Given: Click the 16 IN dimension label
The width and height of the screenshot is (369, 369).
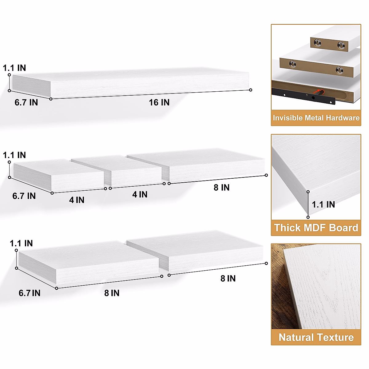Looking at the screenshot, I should pyautogui.click(x=159, y=102).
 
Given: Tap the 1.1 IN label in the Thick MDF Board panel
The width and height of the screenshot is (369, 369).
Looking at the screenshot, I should pyautogui.click(x=323, y=204).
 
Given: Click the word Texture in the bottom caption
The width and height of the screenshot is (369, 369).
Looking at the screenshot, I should pyautogui.click(x=335, y=337).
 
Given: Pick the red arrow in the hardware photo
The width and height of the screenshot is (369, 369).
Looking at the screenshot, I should pyautogui.click(x=316, y=91).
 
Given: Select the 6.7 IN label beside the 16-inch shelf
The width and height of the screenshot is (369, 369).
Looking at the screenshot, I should pyautogui.click(x=26, y=102).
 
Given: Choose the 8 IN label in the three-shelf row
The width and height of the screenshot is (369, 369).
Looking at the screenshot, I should pyautogui.click(x=221, y=188).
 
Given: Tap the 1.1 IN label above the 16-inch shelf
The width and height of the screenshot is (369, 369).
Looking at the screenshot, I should pyautogui.click(x=14, y=68).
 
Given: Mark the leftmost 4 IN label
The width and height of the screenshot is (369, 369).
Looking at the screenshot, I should pyautogui.click(x=77, y=200).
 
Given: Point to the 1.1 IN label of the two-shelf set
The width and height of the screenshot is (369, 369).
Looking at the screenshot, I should pyautogui.click(x=21, y=244).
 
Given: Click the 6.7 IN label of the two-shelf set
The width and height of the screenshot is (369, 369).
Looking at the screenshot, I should pyautogui.click(x=30, y=293).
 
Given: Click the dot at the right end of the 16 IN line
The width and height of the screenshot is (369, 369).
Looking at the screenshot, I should pyautogui.click(x=251, y=90).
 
